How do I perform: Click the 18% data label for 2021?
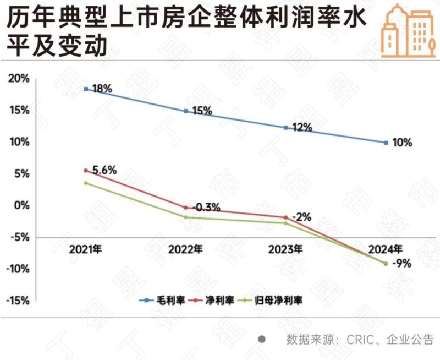point(102,88)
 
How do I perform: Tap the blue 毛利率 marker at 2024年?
point(386,143)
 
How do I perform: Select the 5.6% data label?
point(105,171)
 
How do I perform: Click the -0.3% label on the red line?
point(205,208)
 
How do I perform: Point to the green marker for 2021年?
point(86,183)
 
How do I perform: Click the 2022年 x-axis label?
point(185,249)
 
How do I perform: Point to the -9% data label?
point(403,263)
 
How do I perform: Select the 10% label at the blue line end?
point(402,143)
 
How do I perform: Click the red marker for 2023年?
point(285,217)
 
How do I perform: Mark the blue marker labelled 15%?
point(186,111)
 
